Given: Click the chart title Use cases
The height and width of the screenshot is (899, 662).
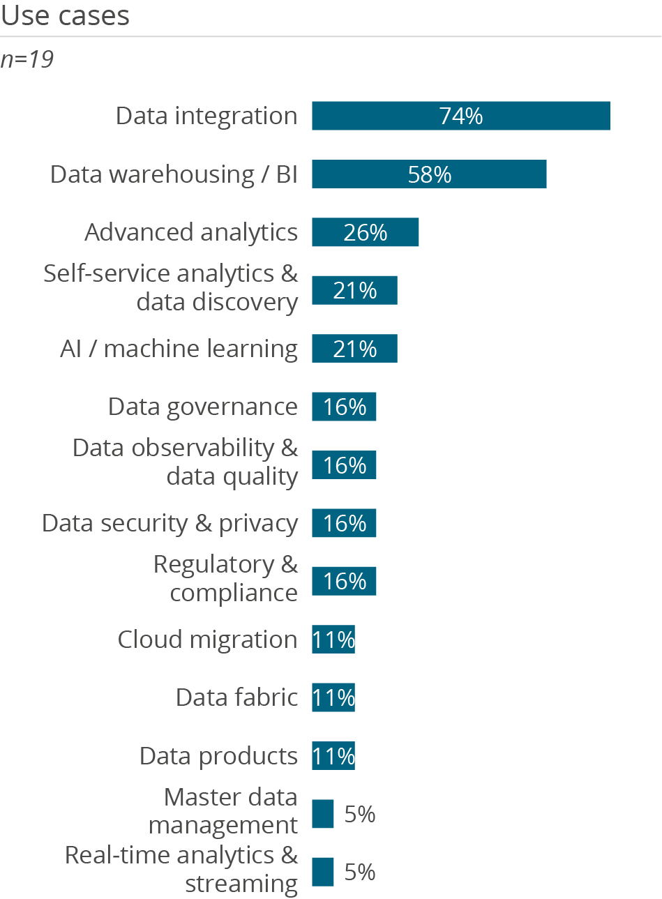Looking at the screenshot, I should tap(65, 15).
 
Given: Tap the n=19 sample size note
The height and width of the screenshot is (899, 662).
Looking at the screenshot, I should tap(27, 59).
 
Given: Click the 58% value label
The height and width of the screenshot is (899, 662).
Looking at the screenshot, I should tap(430, 174).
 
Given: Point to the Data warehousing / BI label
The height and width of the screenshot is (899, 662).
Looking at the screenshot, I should tap(174, 174).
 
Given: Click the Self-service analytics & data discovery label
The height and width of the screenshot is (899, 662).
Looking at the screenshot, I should tap(171, 288).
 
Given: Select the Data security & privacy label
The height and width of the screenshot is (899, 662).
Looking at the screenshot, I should tap(170, 523).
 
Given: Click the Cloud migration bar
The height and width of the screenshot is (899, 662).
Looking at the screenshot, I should tap(333, 640).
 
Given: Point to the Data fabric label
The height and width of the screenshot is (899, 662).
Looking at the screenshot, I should tap(236, 697).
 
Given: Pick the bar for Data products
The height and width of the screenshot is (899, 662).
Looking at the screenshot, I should tap(333, 756).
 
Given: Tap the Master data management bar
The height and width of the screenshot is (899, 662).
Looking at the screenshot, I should tap(323, 814).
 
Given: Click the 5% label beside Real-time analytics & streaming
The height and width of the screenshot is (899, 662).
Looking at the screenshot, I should tap(360, 872).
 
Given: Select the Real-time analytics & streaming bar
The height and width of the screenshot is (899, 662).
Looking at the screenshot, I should tap(323, 872).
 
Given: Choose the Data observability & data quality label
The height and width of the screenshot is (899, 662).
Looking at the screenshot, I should tap(186, 462).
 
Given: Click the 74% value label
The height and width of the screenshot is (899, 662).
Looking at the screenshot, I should tap(461, 116).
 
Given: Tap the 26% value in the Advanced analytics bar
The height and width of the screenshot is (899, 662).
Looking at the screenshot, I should tap(365, 232).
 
